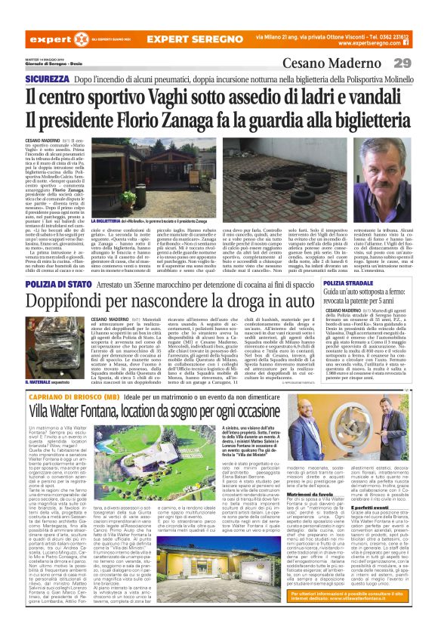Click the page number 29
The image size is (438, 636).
(421, 62)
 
